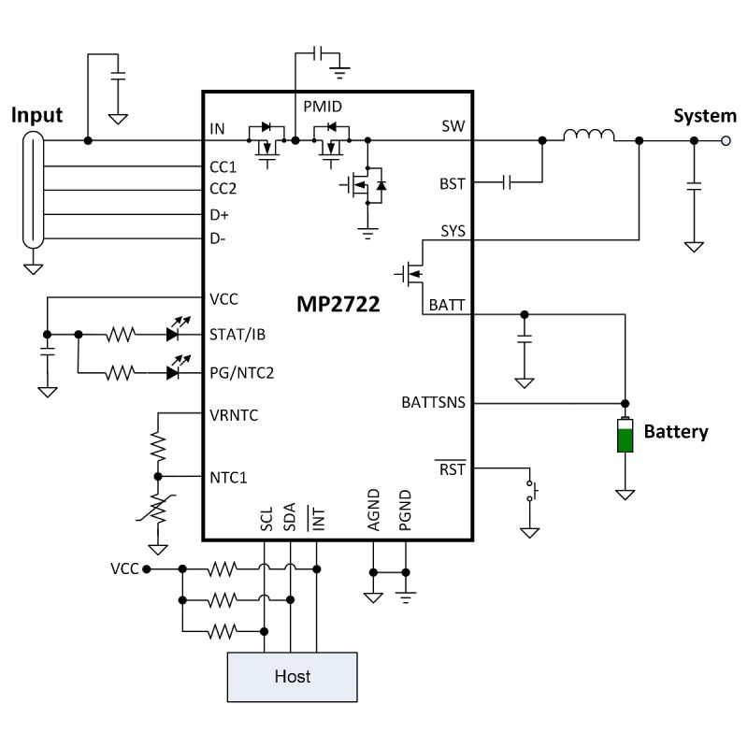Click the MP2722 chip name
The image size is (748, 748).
(x=339, y=306)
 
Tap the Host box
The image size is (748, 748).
(x=292, y=676)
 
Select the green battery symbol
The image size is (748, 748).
(x=624, y=437)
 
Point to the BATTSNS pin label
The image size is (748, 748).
(x=433, y=403)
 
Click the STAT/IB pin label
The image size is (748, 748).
(x=236, y=334)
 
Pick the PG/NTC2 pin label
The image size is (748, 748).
(x=241, y=372)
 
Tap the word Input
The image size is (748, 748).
(x=36, y=115)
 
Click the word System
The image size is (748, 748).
(x=705, y=116)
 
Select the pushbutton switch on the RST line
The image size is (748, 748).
(x=533, y=492)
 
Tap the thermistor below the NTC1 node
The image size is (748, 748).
(x=158, y=509)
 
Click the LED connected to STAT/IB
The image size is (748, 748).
(x=174, y=334)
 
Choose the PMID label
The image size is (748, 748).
(x=323, y=107)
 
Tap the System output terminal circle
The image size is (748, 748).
(x=726, y=141)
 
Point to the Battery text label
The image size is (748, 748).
(x=676, y=432)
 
